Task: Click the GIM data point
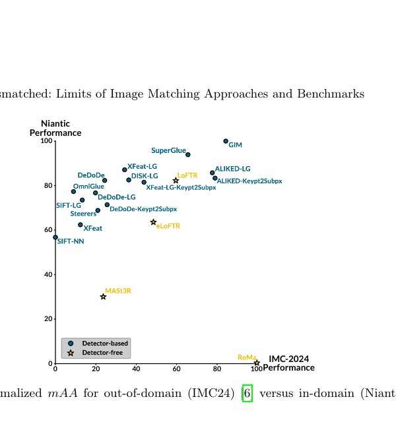[226, 141]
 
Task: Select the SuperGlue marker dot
[188, 155]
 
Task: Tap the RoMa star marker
[257, 363]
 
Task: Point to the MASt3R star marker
[103, 297]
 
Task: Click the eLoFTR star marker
[153, 222]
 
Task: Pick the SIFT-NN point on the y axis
[55, 237]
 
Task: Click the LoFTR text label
[187, 175]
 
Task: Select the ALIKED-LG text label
[233, 169]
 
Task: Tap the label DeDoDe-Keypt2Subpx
[143, 209]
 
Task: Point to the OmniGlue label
[88, 186]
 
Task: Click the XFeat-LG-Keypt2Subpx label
[181, 187]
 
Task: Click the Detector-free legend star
[71, 353]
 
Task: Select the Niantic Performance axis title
[55, 128]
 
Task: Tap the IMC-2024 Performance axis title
[289, 363]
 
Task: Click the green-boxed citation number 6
[247, 393]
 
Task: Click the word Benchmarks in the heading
[331, 94]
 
